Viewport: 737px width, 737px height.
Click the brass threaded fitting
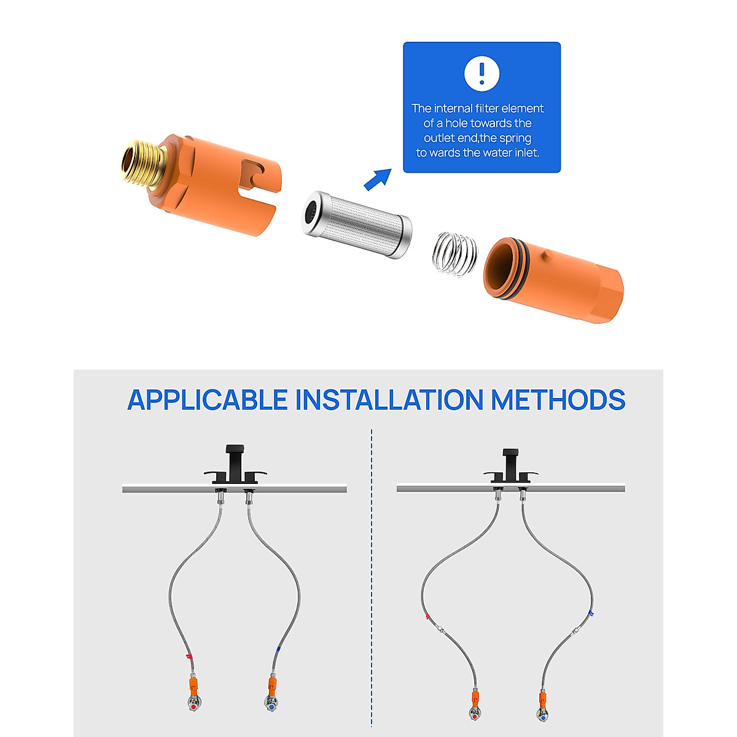[x=142, y=163]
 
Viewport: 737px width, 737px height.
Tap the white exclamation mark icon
[x=482, y=73]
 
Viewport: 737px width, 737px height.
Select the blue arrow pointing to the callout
[x=377, y=179]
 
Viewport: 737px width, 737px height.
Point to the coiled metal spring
[x=455, y=253]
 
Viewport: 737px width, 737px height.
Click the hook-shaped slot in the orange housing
[x=254, y=174]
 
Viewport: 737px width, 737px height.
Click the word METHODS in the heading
[x=558, y=400]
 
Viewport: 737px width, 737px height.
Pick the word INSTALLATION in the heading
[x=389, y=400]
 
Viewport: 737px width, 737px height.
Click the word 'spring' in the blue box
[x=515, y=138]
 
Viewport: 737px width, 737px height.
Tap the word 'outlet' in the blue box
[x=440, y=138]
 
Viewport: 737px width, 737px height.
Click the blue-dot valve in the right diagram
[x=542, y=714]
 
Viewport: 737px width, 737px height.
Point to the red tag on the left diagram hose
[x=189, y=657]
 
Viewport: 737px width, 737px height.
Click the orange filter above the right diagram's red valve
[x=475, y=698]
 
